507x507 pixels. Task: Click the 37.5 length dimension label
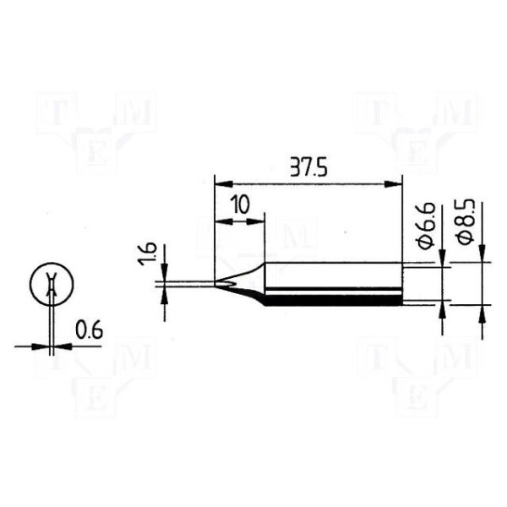coord(308,167)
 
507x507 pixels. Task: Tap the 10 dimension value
coord(240,205)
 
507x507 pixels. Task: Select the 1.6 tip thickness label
coord(148,253)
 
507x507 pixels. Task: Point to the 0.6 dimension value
coord(89,330)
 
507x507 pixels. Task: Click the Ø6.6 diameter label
coord(427,226)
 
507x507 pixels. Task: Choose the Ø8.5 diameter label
coord(466,221)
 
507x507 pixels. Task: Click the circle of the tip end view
coord(52,284)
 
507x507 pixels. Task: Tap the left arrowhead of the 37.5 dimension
coord(224,184)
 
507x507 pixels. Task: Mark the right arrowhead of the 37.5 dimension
coord(393,184)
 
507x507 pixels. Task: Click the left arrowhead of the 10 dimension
coord(224,221)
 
